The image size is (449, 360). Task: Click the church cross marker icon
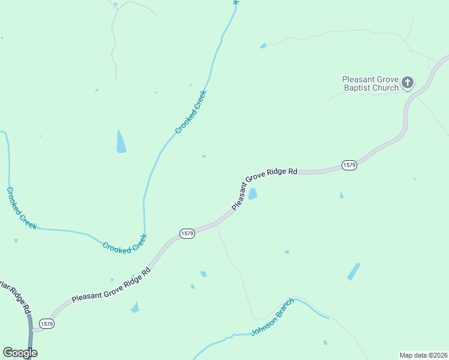tap(408, 83)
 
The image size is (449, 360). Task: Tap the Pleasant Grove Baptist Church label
tap(370, 83)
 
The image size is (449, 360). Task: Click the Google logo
tap(20, 352)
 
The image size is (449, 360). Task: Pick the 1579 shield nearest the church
tap(349, 164)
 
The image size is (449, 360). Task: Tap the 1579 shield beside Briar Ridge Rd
tap(47, 323)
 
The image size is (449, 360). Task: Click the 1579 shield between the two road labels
tap(187, 233)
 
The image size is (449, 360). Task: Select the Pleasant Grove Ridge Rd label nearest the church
tap(265, 188)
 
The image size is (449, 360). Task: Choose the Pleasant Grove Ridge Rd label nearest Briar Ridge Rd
tap(111, 284)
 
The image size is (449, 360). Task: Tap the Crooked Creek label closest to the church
tap(191, 112)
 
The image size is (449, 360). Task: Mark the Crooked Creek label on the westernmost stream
tap(21, 208)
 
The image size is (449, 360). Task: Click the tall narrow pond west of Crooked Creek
tap(121, 142)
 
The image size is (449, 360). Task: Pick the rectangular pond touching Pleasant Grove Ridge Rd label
tap(253, 194)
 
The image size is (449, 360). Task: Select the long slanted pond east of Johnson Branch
tap(354, 271)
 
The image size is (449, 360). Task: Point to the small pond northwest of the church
tap(263, 46)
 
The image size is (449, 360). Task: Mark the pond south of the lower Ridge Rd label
tap(134, 308)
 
